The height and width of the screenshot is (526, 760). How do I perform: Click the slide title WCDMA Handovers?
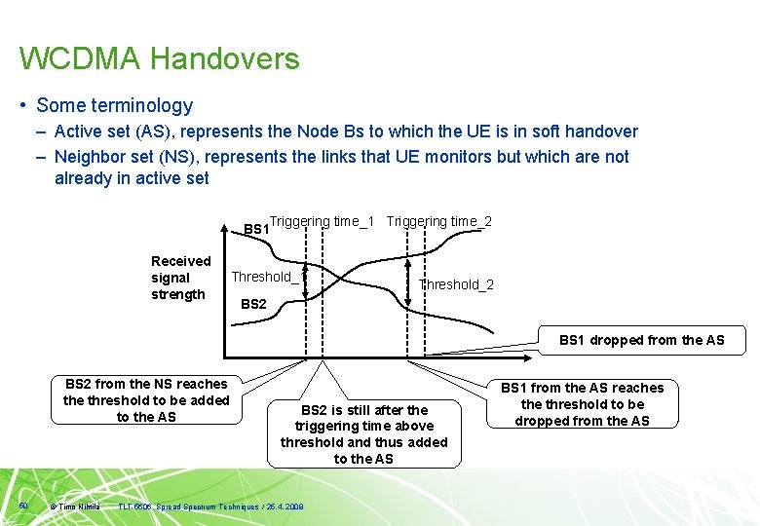[x=159, y=59]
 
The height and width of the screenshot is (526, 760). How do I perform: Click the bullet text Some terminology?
[x=114, y=105]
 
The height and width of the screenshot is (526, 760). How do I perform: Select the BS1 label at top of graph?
[x=255, y=229]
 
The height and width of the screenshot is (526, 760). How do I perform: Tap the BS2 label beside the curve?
[x=253, y=304]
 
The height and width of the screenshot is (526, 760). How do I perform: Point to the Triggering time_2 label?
[x=438, y=221]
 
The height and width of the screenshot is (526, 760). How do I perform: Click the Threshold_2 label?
[x=456, y=284]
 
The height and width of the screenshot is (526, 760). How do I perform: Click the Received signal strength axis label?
[x=180, y=278]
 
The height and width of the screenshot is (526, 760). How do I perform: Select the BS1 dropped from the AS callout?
[x=641, y=340]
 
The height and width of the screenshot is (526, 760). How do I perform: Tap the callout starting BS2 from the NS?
[x=146, y=400]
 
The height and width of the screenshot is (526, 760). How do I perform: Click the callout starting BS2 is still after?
[x=363, y=433]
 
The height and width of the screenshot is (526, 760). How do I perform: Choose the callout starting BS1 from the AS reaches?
[x=582, y=404]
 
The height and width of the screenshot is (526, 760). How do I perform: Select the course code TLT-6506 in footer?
[x=135, y=507]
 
